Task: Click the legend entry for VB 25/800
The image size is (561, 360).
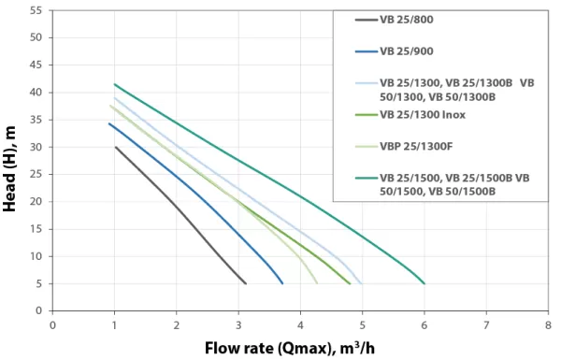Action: [x=406, y=20]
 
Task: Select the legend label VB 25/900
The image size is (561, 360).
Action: [x=406, y=50]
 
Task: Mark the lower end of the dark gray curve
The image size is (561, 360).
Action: [x=245, y=283]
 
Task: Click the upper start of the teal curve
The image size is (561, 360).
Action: [x=114, y=84]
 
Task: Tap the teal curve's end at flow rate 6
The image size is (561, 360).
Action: [x=424, y=283]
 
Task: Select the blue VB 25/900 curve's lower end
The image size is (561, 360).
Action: [x=282, y=283]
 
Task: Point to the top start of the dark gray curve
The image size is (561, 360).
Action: [x=115, y=147]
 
